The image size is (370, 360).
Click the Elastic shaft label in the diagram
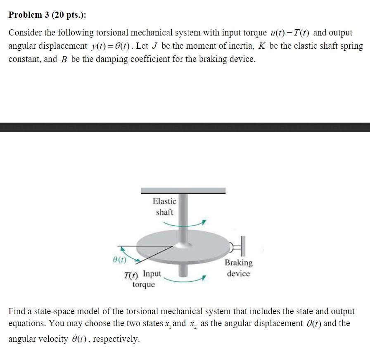[x=164, y=206]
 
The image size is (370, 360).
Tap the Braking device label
[x=239, y=268]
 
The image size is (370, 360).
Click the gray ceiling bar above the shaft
[x=183, y=191]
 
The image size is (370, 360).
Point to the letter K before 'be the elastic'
[x=262, y=46]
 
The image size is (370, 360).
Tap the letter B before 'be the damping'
[x=64, y=59]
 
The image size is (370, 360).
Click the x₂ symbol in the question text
[x=192, y=324]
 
